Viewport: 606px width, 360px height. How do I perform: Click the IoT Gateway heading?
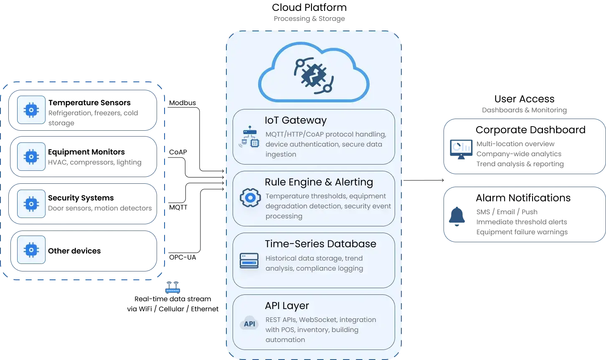click(x=295, y=120)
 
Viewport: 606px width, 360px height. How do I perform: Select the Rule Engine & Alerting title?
click(x=319, y=182)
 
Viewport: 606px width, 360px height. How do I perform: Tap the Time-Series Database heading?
click(x=320, y=244)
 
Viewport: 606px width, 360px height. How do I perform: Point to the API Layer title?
click(x=287, y=306)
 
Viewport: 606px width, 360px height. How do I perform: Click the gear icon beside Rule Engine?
click(x=250, y=198)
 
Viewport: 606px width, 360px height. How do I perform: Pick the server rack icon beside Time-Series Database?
click(x=249, y=260)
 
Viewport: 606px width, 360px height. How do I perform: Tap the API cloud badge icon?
click(x=249, y=324)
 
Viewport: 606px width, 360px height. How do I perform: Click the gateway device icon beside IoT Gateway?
click(x=249, y=137)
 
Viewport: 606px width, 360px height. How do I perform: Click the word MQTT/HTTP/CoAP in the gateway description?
click(x=294, y=134)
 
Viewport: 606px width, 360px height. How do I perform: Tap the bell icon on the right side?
click(x=457, y=217)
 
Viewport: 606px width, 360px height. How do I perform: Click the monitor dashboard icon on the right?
click(x=461, y=148)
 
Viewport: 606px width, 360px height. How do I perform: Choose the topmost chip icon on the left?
click(x=31, y=110)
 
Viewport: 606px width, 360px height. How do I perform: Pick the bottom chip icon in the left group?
click(x=31, y=250)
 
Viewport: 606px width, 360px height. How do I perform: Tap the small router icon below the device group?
click(x=172, y=289)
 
